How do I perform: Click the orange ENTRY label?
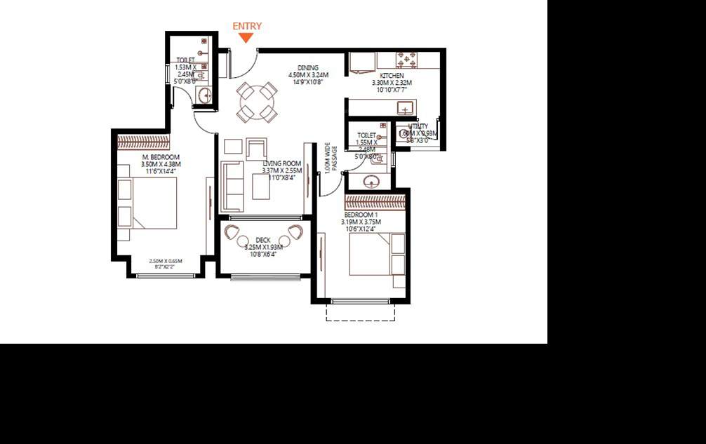click(247, 26)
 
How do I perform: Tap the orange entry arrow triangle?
click(246, 38)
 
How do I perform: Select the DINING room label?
click(307, 68)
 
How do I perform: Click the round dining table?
click(255, 102)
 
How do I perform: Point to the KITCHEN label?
click(392, 75)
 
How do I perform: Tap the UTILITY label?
click(418, 126)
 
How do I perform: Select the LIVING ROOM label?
click(281, 163)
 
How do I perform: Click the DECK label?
click(262, 240)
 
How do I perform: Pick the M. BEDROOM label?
click(161, 156)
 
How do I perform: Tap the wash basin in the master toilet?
click(204, 95)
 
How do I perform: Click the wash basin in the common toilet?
click(371, 182)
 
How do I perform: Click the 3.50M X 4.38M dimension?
click(161, 164)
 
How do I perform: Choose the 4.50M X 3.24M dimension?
click(307, 75)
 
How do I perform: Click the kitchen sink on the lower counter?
click(405, 107)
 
